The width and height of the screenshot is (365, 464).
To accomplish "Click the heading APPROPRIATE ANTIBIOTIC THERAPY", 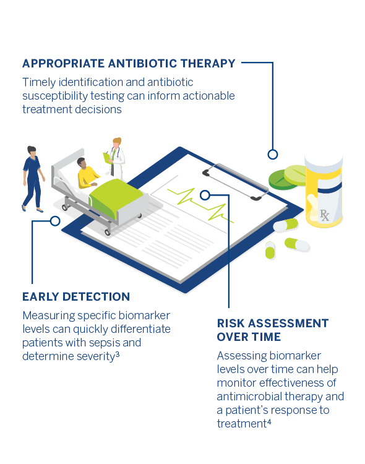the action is point(129,64).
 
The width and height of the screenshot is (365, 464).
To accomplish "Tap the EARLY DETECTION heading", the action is point(76,297).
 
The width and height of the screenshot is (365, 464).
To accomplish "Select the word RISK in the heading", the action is point(231,324).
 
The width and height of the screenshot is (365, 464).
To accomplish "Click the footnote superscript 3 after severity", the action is point(118,354).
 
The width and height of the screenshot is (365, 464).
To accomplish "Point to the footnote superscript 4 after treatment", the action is point(269,422).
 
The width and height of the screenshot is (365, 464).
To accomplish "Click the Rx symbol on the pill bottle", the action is point(324,215).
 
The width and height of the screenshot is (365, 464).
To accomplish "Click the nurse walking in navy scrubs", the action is point(33,179).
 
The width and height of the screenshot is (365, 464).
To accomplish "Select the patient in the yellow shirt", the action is point(87,173).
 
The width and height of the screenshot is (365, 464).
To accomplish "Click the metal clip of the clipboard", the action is point(236,181).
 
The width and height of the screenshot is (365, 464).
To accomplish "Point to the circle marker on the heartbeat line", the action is point(205,195).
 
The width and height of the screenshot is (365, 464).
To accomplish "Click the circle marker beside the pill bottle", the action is point(273,154).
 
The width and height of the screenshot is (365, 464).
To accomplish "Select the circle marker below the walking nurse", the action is point(55,221).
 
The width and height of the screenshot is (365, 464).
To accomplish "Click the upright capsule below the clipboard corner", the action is point(270,251).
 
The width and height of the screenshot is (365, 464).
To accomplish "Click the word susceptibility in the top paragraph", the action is point(55,96).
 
